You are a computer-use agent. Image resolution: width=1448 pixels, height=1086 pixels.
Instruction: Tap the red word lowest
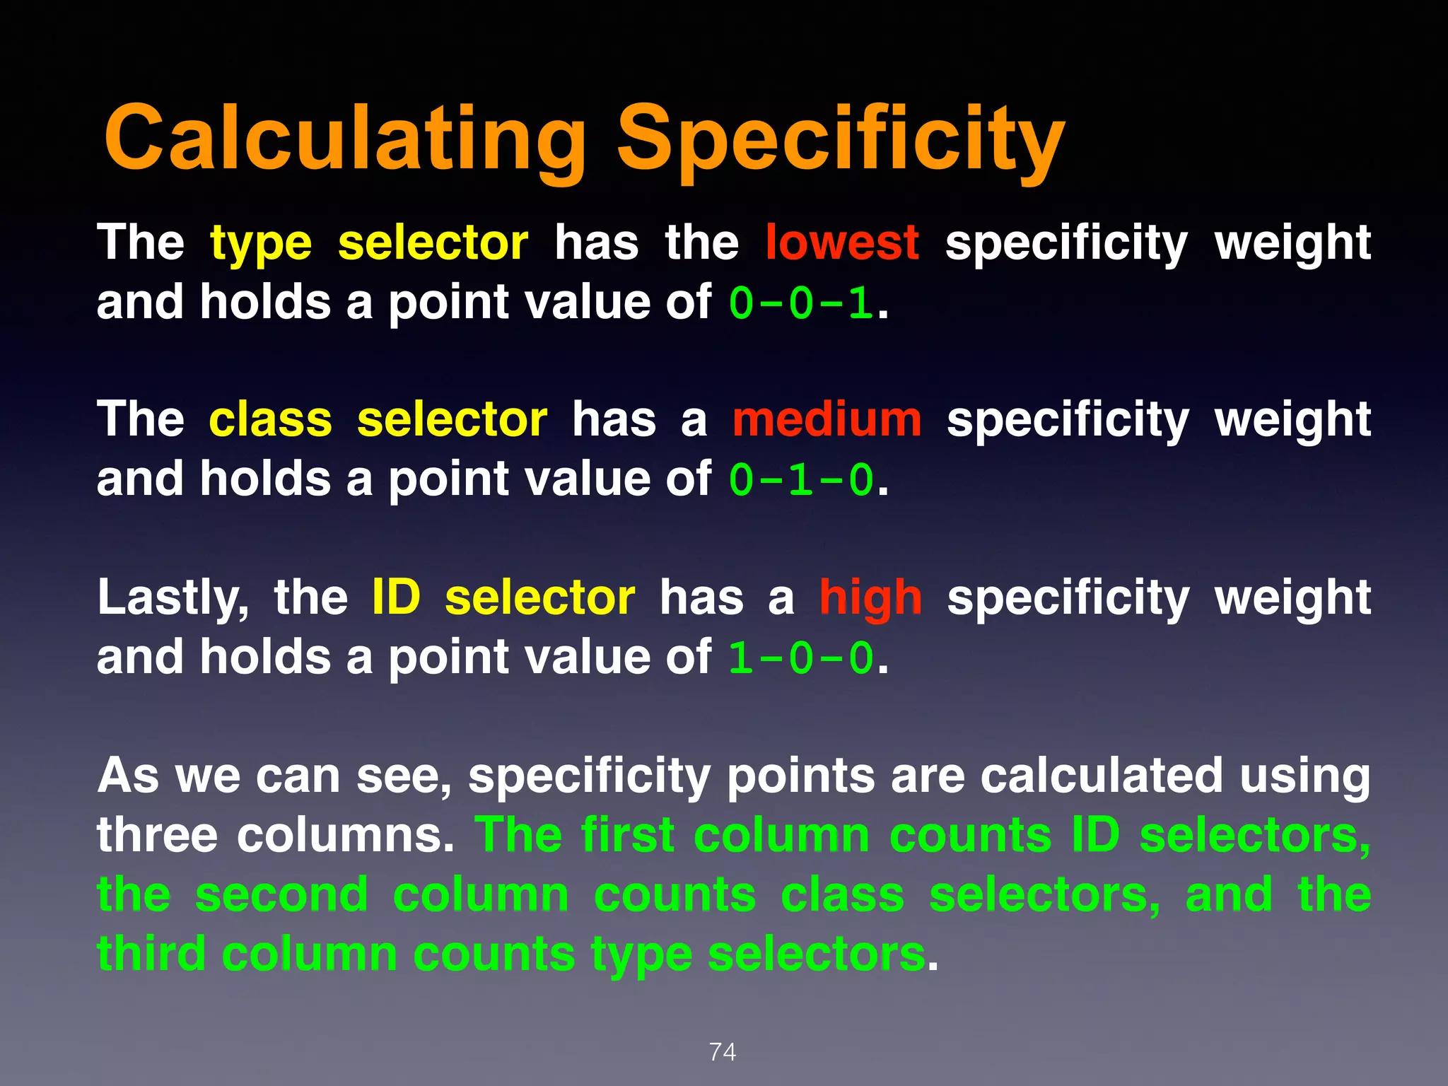[x=842, y=243]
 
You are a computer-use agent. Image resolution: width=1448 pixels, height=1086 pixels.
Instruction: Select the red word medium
[x=827, y=419]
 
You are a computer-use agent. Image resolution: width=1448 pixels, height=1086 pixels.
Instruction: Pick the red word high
[x=870, y=598]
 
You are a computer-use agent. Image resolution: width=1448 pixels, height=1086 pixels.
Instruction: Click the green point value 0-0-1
[x=801, y=303]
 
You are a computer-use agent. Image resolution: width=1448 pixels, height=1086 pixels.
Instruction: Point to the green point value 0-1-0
[x=801, y=480]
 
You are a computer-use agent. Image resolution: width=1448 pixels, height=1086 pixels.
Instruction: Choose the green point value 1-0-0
[x=801, y=658]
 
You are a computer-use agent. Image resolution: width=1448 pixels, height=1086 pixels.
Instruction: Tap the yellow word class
[x=270, y=419]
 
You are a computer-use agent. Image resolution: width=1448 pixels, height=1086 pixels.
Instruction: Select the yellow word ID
[x=396, y=597]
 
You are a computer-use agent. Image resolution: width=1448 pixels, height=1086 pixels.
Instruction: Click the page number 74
[x=723, y=1052]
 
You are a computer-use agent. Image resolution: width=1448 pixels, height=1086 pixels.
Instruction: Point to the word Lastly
[x=173, y=598]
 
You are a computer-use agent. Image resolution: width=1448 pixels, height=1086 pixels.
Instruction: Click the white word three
[x=157, y=835]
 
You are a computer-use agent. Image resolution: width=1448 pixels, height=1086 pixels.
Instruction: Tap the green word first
[x=628, y=835]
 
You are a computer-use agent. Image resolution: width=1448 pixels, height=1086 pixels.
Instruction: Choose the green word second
[x=281, y=894]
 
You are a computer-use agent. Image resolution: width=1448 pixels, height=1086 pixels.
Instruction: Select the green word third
[x=151, y=954]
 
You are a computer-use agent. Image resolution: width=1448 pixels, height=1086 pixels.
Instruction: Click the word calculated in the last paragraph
[x=1102, y=776]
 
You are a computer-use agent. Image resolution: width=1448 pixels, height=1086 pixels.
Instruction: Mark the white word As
[x=128, y=776]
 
